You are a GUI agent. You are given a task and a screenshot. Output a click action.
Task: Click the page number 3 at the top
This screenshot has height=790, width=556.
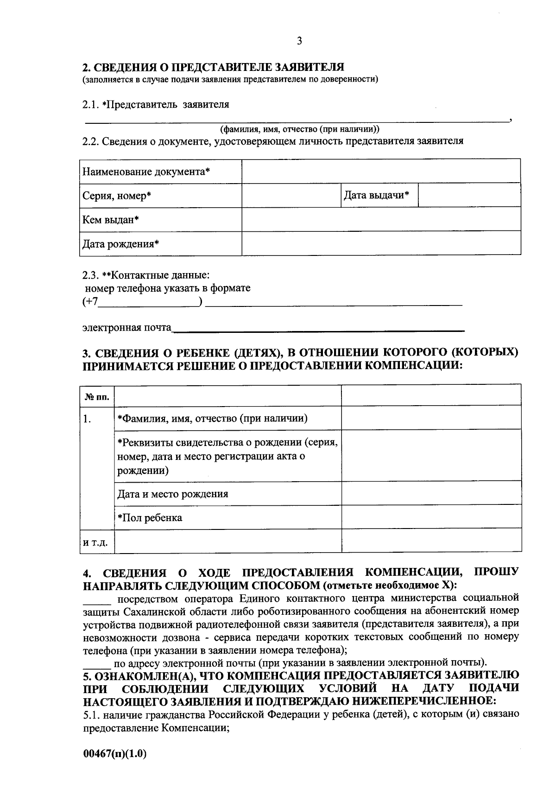pos(299,41)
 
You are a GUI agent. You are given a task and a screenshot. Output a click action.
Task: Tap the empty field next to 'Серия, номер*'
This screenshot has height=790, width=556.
pos(291,196)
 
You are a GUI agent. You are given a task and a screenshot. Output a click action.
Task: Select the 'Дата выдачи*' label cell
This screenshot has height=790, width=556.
pos(376,195)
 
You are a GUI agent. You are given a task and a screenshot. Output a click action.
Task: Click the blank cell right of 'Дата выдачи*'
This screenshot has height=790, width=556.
pos(469,196)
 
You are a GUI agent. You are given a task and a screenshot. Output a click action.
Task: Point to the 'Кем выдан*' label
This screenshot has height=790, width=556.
pos(111,219)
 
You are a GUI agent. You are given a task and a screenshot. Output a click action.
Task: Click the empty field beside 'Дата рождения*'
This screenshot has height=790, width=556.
pos(381,243)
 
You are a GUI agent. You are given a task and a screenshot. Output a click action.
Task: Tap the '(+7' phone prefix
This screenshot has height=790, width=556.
pos(90,302)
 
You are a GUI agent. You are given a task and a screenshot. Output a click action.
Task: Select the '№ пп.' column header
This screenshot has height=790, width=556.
pos(97,397)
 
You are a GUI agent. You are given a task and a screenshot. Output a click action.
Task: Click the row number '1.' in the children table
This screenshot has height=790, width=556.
pos(87,419)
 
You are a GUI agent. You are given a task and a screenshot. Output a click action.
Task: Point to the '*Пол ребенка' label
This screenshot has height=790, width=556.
pos(149,518)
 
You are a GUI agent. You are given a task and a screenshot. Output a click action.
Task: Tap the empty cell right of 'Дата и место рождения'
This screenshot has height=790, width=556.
pos(431,493)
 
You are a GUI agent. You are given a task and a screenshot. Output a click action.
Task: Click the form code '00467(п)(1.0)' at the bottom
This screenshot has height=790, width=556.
pos(114,754)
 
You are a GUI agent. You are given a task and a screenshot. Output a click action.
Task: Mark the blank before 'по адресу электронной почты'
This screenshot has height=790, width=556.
pos(96,663)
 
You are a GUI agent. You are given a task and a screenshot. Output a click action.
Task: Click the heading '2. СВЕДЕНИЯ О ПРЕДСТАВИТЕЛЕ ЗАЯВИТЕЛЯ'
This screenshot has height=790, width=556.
pos(213,67)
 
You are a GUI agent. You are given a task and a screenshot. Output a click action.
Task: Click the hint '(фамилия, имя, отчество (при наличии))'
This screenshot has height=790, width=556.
pos(300,129)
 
